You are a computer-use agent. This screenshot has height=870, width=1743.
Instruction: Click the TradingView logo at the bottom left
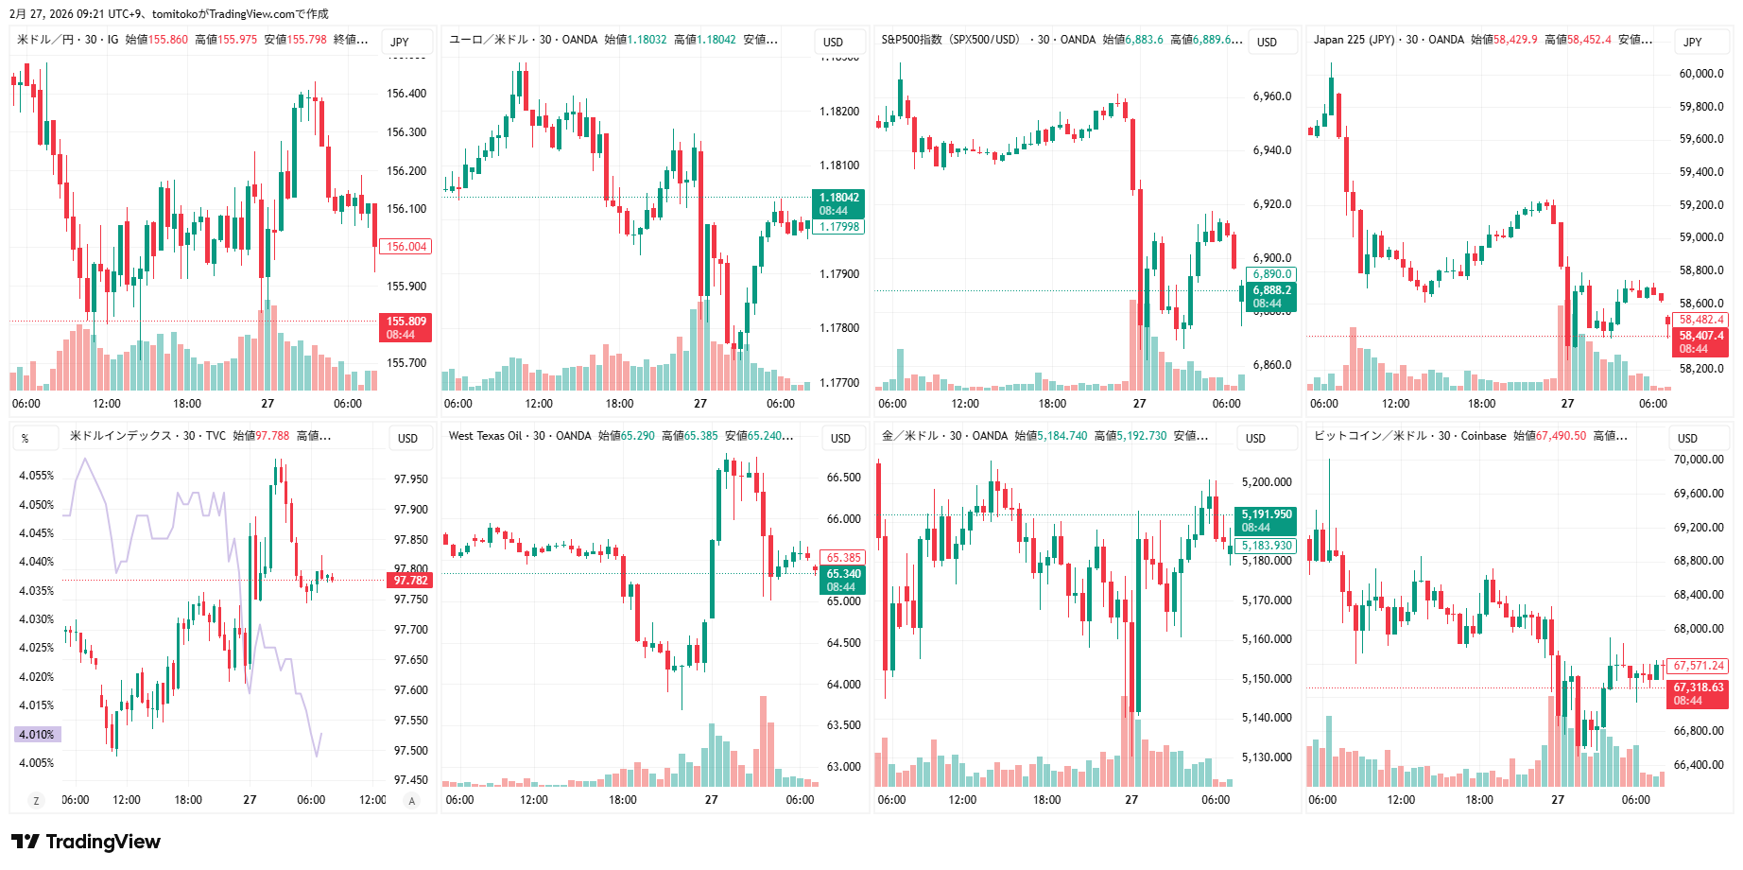tap(86, 842)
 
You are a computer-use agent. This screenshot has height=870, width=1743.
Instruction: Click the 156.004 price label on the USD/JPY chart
tap(406, 247)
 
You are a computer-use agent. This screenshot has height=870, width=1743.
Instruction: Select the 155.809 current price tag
tap(406, 327)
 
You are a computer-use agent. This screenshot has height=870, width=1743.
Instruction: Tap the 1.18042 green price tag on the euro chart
tap(838, 203)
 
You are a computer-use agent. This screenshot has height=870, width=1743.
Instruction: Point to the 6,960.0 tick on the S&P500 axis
tap(1271, 96)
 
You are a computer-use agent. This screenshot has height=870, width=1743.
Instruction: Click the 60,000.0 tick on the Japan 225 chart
tap(1700, 74)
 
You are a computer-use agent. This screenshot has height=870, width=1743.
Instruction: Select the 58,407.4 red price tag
tap(1700, 341)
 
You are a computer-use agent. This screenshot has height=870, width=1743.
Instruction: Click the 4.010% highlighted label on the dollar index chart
tap(37, 735)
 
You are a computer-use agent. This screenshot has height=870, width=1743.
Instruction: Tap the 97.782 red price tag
tap(410, 581)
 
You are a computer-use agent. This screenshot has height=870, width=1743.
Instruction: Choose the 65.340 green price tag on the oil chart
tap(843, 580)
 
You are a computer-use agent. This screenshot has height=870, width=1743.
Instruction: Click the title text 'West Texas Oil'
tap(485, 436)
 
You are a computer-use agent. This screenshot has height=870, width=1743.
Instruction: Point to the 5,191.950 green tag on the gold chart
tap(1266, 520)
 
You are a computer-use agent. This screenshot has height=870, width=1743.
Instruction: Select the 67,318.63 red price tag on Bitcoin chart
tap(1698, 693)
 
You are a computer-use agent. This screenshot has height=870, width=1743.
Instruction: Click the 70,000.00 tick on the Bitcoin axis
tap(1699, 460)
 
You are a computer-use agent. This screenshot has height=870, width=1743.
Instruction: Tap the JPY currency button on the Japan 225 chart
tap(1692, 42)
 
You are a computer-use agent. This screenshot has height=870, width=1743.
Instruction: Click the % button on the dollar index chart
tap(25, 439)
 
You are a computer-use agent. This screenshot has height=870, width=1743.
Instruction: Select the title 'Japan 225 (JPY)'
tap(1354, 40)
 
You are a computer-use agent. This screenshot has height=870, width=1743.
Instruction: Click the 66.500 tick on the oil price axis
tap(843, 478)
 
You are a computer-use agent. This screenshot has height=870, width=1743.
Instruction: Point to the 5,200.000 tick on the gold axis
tap(1266, 482)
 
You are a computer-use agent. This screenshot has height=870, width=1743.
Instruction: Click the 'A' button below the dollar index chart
tap(411, 801)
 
